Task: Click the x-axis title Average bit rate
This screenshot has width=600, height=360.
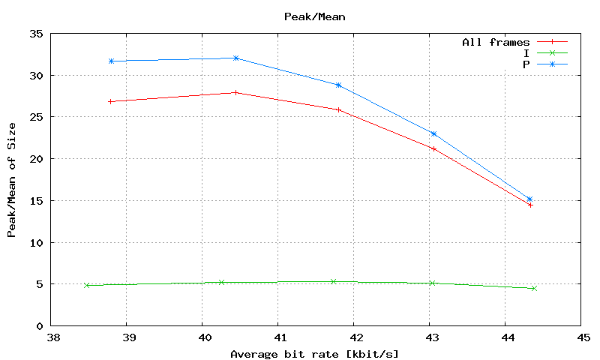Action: pyautogui.click(x=314, y=353)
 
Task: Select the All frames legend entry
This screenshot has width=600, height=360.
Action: pyautogui.click(x=496, y=43)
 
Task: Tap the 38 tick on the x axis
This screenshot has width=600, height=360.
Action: pyautogui.click(x=52, y=337)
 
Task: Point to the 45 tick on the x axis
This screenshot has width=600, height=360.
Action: pyautogui.click(x=581, y=337)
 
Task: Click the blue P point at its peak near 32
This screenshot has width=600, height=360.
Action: pyautogui.click(x=235, y=58)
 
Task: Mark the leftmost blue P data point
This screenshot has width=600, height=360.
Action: pyautogui.click(x=111, y=61)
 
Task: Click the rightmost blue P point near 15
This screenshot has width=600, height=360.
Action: pyautogui.click(x=529, y=199)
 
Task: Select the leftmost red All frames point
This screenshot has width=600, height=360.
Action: pyautogui.click(x=111, y=101)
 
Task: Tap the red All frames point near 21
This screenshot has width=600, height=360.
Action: pyautogui.click(x=433, y=148)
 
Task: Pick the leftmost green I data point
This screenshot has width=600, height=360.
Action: pyautogui.click(x=87, y=285)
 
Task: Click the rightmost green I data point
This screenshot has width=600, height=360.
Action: pyautogui.click(x=534, y=288)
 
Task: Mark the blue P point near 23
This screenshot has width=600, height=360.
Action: pyautogui.click(x=433, y=133)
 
